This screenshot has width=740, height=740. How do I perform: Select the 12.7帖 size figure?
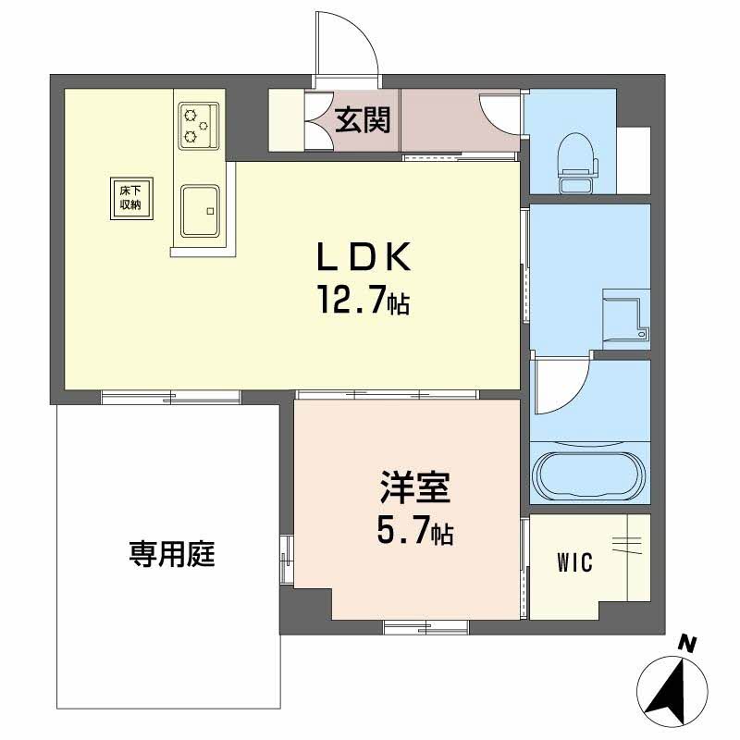363,300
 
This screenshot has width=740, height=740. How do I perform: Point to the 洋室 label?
413,488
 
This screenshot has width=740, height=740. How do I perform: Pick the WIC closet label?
575,562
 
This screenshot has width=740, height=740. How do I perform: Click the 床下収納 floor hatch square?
129,197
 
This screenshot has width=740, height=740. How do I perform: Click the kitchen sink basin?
200,210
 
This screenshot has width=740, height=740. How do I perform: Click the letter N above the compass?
686,642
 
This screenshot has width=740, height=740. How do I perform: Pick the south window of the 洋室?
425,626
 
